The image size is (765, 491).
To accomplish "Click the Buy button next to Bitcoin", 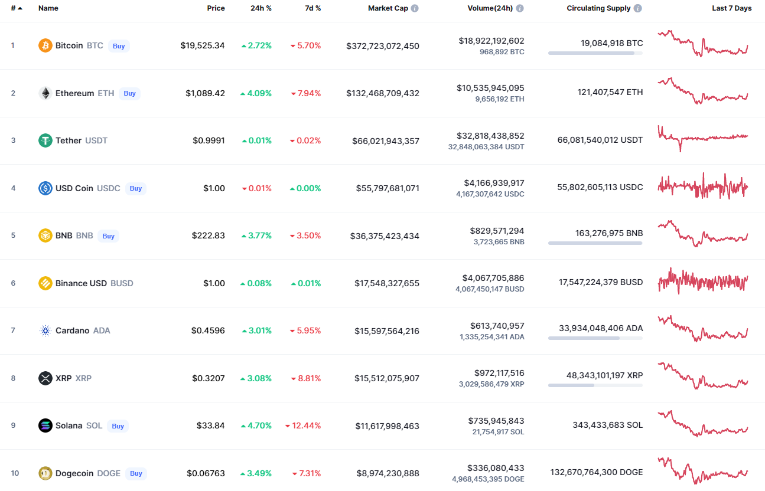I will [x=119, y=46].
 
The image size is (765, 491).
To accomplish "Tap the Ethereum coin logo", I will [x=45, y=93].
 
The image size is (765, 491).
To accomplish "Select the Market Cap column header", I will [x=388, y=8].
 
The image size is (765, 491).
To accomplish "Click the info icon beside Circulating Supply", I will [x=638, y=8].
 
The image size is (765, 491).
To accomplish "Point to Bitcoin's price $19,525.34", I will [x=203, y=45].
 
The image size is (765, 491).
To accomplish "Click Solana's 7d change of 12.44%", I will [x=303, y=425].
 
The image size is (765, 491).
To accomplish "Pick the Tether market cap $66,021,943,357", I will [x=386, y=140].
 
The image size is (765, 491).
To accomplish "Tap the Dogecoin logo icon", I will [x=45, y=473].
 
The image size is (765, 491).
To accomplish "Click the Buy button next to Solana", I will [x=118, y=426].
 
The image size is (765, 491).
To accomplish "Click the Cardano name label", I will [x=72, y=330].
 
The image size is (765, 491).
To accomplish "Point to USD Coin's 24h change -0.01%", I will [x=257, y=188].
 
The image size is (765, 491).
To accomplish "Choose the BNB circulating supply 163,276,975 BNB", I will [x=609, y=233].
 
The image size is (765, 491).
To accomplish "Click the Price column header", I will [x=216, y=8].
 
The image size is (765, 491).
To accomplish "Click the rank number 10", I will [x=15, y=473].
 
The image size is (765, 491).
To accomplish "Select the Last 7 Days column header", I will [x=731, y=8].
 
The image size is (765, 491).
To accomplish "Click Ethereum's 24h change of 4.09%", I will [x=256, y=93].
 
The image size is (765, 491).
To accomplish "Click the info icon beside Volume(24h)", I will [x=520, y=8].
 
